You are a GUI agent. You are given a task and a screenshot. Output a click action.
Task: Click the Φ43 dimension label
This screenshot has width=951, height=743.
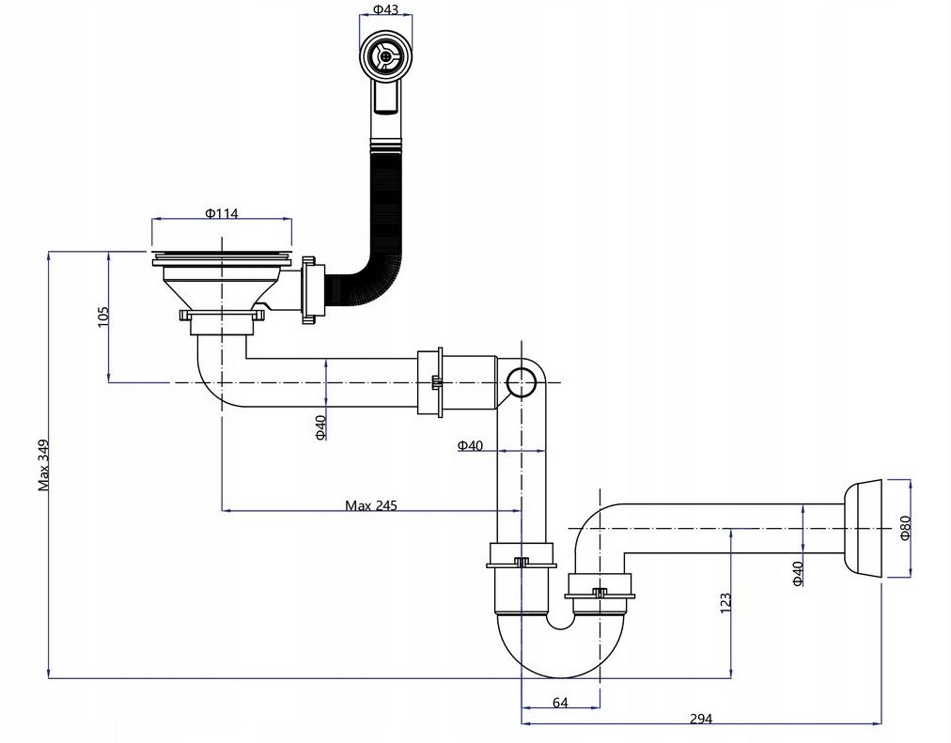385,9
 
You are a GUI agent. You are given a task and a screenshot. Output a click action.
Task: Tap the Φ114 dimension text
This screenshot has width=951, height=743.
222,213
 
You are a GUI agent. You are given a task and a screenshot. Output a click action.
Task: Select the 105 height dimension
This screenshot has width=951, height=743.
102,317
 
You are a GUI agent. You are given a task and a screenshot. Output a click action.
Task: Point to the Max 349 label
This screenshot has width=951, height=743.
43,465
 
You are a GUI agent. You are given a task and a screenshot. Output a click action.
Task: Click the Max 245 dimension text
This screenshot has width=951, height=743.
371,505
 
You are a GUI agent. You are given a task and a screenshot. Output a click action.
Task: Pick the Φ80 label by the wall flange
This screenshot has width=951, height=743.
905,527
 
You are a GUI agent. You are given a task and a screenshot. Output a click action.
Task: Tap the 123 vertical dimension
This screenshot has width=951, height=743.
725,603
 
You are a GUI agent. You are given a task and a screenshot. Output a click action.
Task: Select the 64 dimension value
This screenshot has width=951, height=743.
560,703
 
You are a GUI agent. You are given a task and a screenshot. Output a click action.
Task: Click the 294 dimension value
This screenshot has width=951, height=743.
701,720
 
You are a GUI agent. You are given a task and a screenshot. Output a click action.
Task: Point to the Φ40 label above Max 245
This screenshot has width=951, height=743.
470,445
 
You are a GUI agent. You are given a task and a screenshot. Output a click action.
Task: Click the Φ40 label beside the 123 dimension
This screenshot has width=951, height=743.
798,573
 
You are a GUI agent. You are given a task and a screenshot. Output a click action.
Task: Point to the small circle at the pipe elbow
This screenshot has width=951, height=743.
521,381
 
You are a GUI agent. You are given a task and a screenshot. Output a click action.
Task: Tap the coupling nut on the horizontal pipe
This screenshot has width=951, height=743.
430,382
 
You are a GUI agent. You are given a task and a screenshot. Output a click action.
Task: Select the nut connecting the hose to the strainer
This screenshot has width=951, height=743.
313,289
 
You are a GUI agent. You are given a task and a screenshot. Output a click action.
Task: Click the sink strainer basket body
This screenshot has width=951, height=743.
222,285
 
